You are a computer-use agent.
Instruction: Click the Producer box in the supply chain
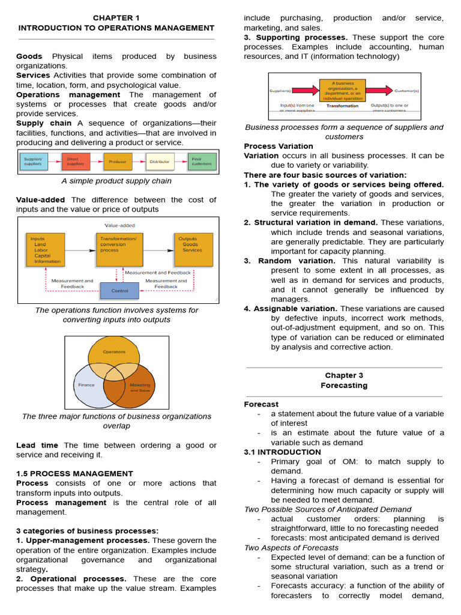pyautogui.click(x=118, y=162)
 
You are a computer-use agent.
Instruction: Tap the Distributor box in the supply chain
pyautogui.click(x=160, y=162)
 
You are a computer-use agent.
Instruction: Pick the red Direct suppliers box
pyautogui.click(x=76, y=162)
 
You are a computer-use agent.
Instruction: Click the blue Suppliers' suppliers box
pyautogui.click(x=34, y=162)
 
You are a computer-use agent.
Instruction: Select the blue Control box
pyautogui.click(x=119, y=291)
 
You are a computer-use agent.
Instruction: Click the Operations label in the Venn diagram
pyautogui.click(x=114, y=352)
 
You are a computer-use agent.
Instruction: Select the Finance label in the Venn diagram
pyautogui.click(x=86, y=385)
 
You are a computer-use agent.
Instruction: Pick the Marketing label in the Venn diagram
pyautogui.click(x=140, y=385)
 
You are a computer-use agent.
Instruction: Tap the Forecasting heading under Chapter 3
pyautogui.click(x=344, y=385)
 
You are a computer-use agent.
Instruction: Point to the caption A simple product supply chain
pyautogui.click(x=116, y=181)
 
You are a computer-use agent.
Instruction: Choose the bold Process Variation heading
pyautogui.click(x=279, y=146)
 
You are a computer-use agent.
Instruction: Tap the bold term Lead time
pyautogui.click(x=37, y=445)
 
